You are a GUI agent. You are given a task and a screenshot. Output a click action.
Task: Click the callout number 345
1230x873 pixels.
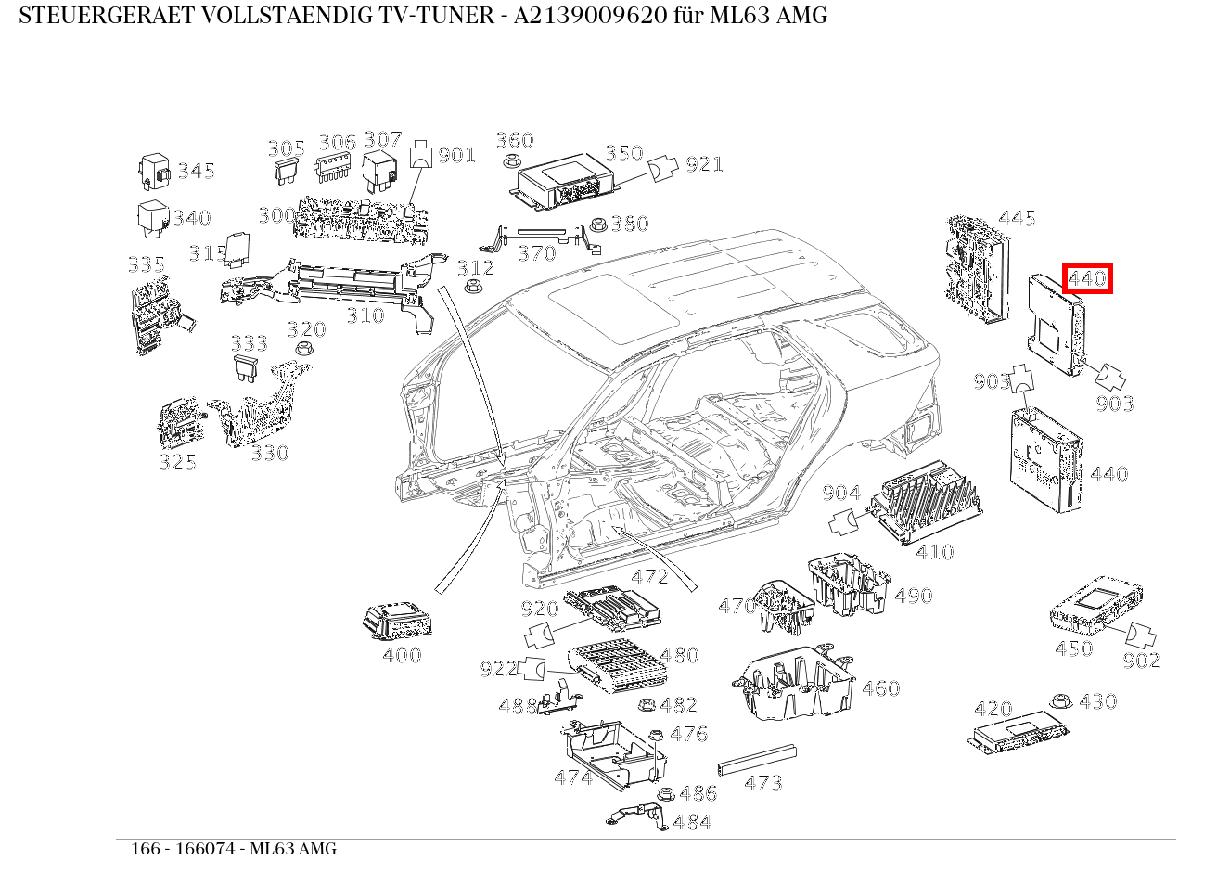click(197, 171)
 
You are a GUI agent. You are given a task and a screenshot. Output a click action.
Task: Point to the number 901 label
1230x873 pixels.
click(456, 154)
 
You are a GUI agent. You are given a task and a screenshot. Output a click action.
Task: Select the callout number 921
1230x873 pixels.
click(704, 164)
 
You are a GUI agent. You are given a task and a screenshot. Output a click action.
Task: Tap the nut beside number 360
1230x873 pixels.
click(509, 161)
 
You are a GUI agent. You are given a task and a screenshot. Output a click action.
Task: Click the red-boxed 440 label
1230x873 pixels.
click(1087, 277)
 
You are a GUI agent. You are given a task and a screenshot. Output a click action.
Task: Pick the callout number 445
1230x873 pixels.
click(1017, 218)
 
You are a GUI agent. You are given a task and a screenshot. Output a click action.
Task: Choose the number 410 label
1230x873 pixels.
click(934, 552)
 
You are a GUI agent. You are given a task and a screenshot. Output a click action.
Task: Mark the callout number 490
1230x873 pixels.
click(913, 596)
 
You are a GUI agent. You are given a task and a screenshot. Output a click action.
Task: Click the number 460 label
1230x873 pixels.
click(880, 688)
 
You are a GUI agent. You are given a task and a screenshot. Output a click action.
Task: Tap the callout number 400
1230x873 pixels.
click(402, 655)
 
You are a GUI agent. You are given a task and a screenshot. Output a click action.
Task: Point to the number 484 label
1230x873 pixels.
click(692, 822)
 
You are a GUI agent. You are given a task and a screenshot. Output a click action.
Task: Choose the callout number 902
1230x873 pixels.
click(1141, 661)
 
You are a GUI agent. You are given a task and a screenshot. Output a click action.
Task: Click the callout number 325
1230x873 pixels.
click(177, 462)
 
